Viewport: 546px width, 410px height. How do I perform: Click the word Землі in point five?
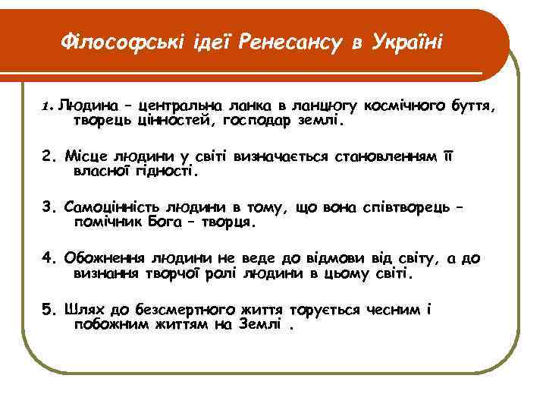(x=262, y=326)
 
